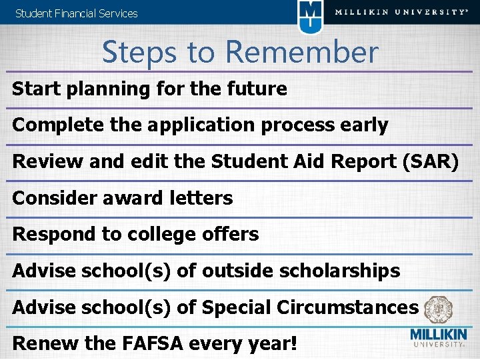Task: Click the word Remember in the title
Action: [x=301, y=52]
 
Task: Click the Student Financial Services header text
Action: [x=76, y=13]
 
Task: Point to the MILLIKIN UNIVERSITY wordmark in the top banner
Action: [x=401, y=12]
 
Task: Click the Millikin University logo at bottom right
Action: [x=437, y=338]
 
